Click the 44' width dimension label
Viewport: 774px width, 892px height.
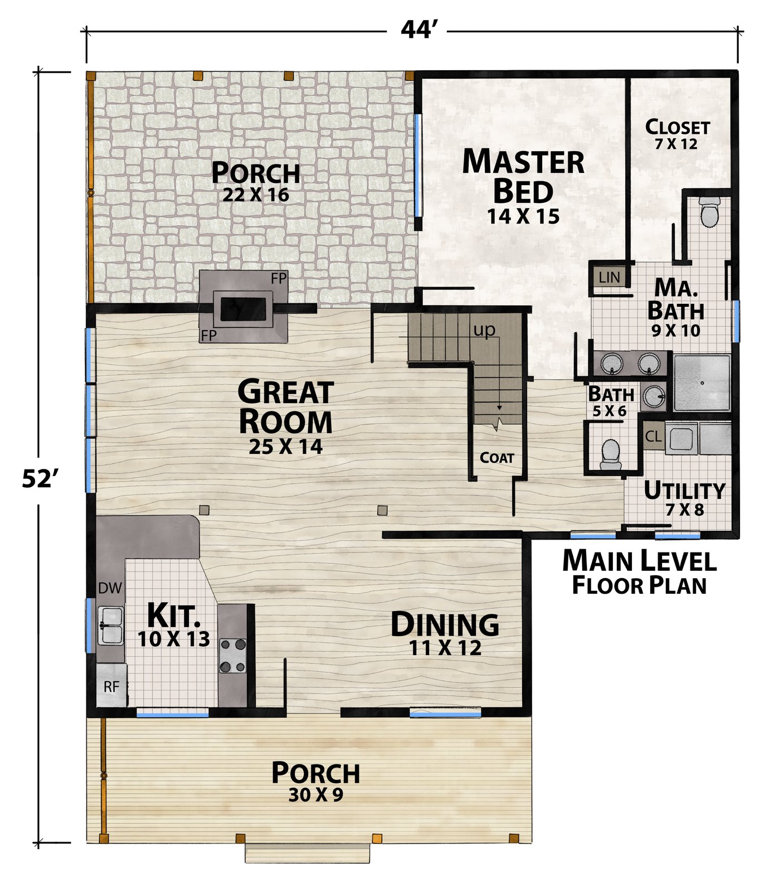(x=416, y=30)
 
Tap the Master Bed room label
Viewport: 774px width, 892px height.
(x=523, y=176)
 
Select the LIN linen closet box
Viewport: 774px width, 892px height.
(x=609, y=277)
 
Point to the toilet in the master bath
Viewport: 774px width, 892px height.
(x=710, y=212)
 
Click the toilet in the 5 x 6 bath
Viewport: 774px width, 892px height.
(x=611, y=454)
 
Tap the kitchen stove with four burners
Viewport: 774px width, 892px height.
(x=232, y=655)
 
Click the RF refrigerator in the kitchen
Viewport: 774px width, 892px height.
(x=112, y=686)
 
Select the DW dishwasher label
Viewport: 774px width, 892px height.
(x=110, y=588)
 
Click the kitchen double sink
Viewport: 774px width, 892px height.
(x=111, y=626)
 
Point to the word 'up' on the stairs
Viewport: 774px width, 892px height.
(x=484, y=330)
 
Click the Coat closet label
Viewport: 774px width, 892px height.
(x=497, y=458)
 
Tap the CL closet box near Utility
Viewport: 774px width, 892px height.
(x=653, y=437)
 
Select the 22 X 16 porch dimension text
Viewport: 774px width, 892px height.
(x=256, y=195)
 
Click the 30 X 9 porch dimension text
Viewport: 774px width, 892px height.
(x=315, y=795)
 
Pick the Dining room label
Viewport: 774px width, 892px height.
(x=445, y=624)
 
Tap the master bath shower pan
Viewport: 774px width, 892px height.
(x=702, y=382)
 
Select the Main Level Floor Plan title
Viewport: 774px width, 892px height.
(x=639, y=571)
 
